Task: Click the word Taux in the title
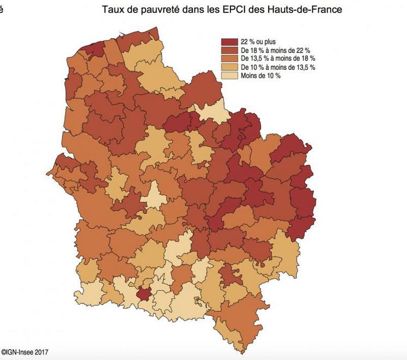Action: [x=112, y=10]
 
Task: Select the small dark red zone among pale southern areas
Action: [x=144, y=293]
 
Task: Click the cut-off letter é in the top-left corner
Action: [x=2, y=10]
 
